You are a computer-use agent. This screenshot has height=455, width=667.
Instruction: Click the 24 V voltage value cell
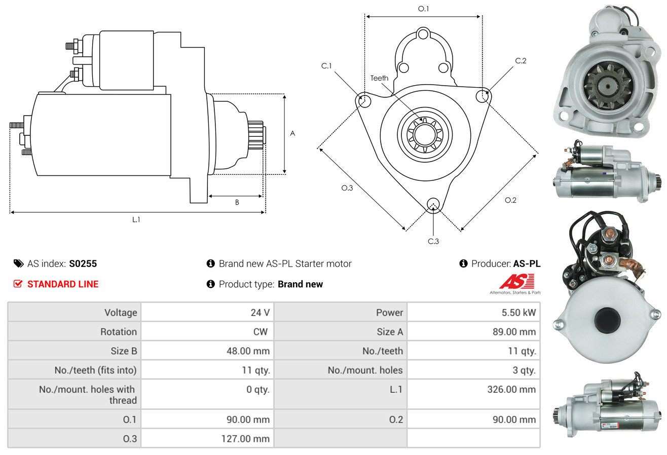click(x=260, y=313)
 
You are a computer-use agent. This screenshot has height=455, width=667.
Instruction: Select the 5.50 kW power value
click(x=518, y=313)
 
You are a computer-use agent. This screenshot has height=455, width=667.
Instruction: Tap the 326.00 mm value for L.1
click(x=511, y=389)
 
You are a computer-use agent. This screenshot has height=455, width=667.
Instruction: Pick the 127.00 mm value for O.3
click(x=245, y=439)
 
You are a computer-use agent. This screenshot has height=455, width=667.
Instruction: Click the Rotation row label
click(x=119, y=332)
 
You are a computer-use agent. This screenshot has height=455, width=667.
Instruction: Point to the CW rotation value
click(x=260, y=332)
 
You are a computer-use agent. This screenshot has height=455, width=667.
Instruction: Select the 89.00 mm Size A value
click(x=514, y=332)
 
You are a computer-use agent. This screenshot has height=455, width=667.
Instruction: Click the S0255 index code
click(x=83, y=263)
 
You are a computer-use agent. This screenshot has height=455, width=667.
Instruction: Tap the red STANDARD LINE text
click(x=63, y=284)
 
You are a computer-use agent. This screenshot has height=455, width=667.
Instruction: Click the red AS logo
click(x=516, y=281)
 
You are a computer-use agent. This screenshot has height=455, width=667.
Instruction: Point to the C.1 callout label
click(x=326, y=66)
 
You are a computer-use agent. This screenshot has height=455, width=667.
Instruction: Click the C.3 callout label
click(x=433, y=241)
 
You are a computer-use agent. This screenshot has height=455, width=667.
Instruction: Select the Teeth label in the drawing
click(x=379, y=78)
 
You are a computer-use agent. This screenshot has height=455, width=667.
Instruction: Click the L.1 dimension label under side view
click(x=136, y=219)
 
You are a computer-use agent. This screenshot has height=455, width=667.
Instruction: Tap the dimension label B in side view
click(x=237, y=202)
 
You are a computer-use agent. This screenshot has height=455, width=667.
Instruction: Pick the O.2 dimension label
click(x=510, y=200)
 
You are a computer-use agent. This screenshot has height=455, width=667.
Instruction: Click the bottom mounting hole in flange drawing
click(x=433, y=204)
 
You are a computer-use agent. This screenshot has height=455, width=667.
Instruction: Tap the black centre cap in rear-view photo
click(x=607, y=320)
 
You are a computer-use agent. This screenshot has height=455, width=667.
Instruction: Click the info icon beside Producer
click(x=463, y=263)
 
